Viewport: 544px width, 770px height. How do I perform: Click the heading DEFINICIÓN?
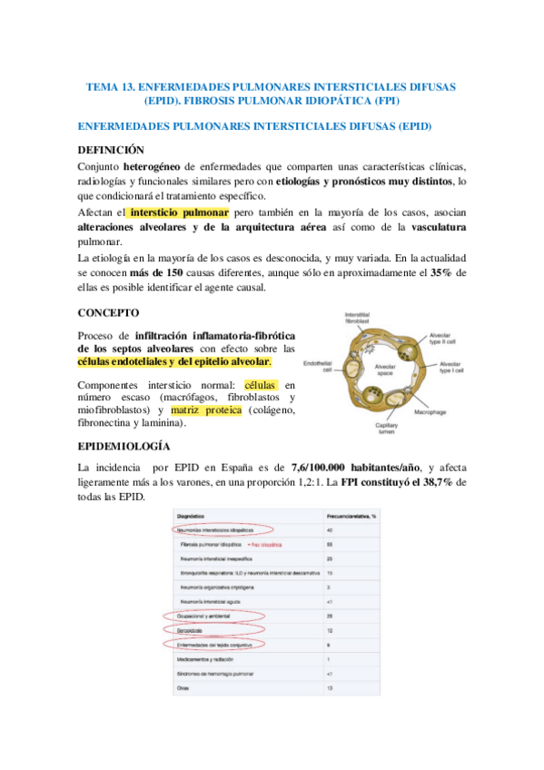110,149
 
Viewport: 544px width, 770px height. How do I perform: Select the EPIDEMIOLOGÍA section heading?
124,447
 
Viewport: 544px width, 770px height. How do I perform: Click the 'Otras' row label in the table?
182,687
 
